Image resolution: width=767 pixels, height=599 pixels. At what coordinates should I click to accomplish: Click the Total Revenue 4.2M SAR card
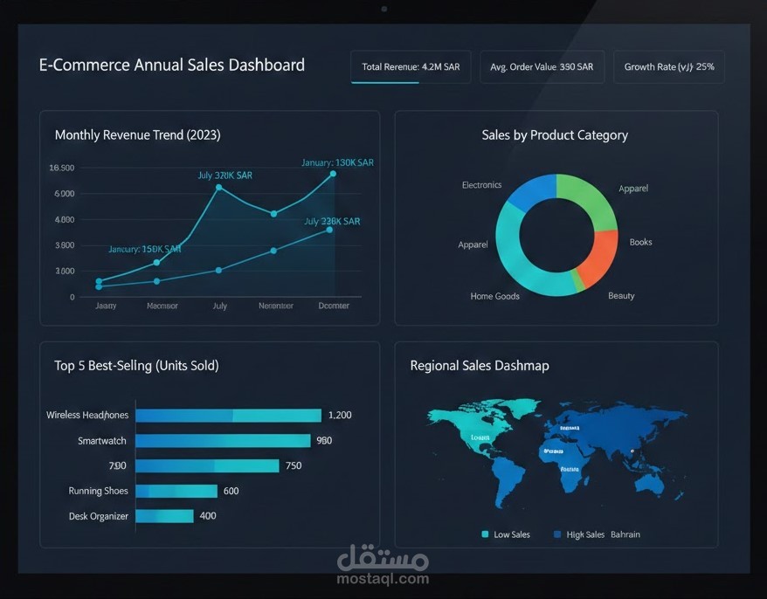pos(411,67)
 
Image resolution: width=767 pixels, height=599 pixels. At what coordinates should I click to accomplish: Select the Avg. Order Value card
pos(542,67)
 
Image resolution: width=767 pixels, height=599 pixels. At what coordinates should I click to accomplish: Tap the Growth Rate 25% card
pos(668,67)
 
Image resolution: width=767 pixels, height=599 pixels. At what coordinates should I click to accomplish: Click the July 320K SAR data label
pos(225,176)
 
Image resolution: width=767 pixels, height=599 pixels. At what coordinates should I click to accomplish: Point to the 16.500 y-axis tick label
pos(62,168)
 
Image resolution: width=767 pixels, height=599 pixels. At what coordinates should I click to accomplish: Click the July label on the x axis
pos(219,306)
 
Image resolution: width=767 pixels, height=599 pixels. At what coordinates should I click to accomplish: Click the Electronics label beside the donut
pos(481,185)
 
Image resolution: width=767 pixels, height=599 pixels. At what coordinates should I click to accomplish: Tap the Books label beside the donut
pos(640,242)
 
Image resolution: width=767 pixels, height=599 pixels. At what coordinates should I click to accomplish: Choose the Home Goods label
pos(494,296)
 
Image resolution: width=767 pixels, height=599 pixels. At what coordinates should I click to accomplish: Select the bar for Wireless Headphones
pos(229,416)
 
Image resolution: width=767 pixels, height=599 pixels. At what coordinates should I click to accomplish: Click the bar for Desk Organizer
pos(164,516)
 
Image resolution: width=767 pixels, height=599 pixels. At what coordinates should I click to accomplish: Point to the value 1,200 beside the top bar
pos(339,416)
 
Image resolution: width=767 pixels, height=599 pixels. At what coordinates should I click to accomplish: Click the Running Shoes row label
pos(98,491)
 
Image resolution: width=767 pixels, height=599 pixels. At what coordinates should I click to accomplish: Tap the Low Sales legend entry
pos(506,534)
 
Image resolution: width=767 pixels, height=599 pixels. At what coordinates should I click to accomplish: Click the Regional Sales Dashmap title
pos(480,366)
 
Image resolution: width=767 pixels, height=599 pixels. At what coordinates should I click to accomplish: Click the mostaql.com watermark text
pos(383,579)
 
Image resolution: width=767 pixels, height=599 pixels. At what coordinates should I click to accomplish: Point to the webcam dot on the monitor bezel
pos(383,9)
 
